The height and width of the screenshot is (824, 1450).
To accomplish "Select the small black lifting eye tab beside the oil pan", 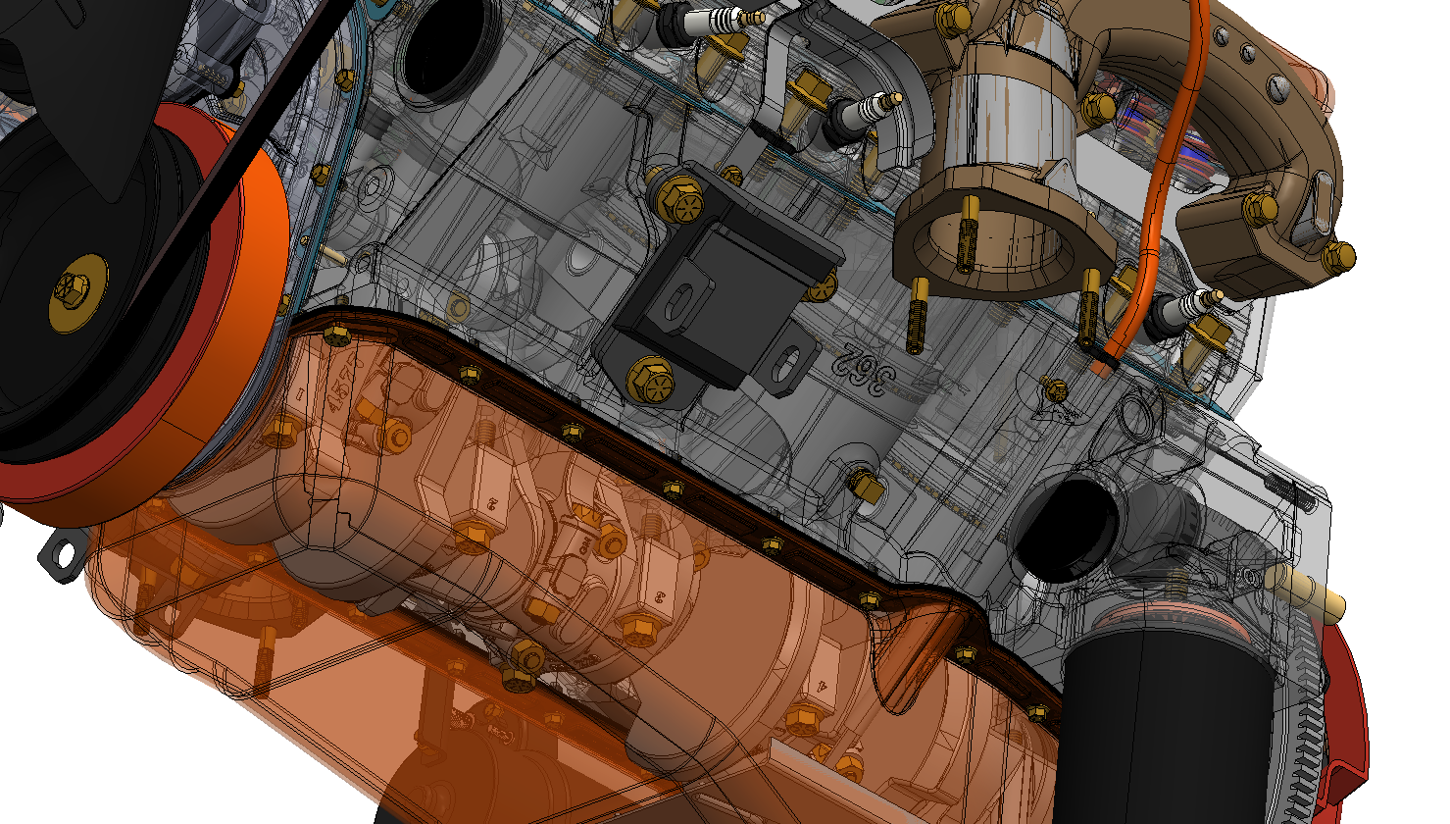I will pos(61,555).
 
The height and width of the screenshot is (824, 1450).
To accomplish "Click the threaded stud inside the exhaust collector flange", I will pos(969,233).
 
